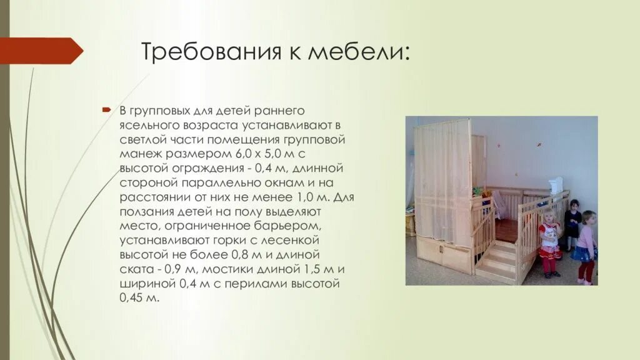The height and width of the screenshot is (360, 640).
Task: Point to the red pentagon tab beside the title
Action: click(41, 51)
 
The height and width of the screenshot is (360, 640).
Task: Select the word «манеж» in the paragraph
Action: click(139, 154)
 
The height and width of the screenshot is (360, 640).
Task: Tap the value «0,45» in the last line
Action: click(132, 298)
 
